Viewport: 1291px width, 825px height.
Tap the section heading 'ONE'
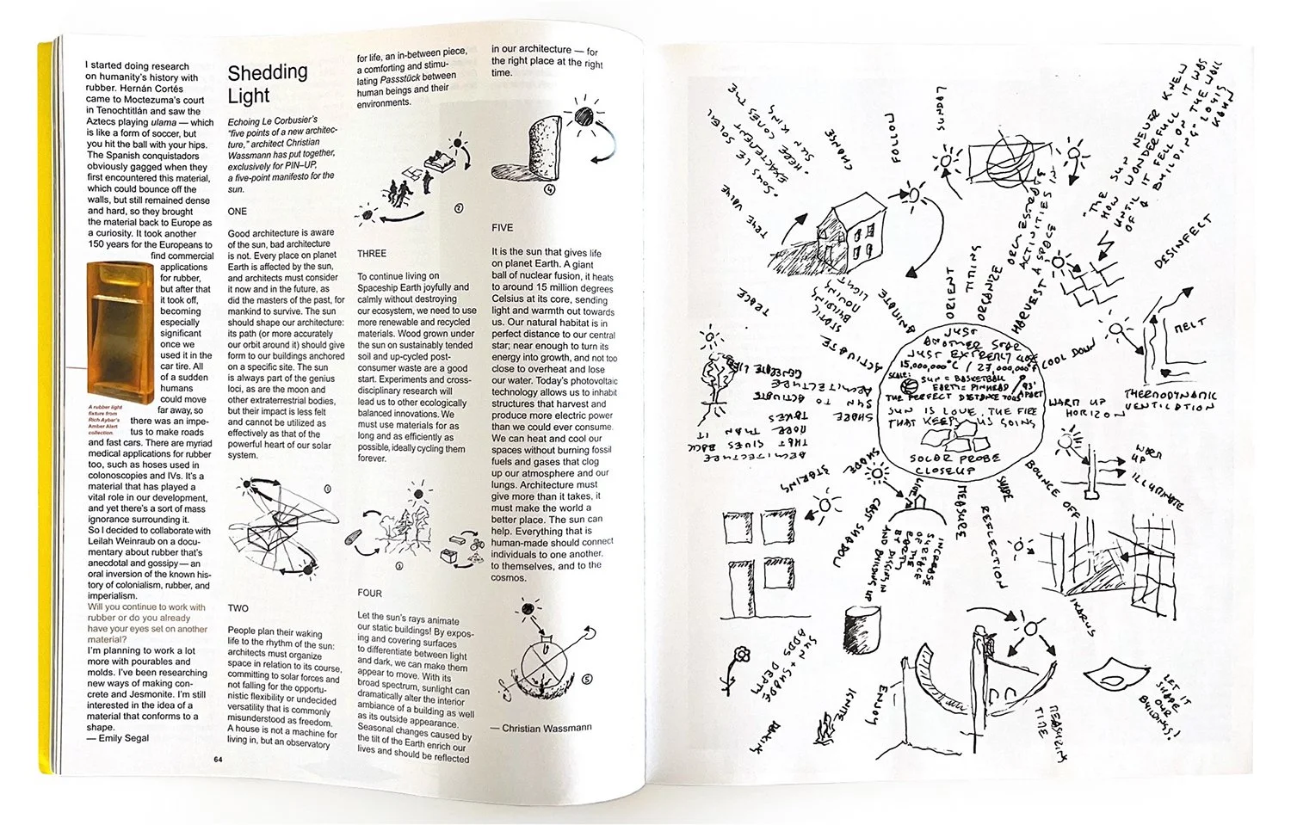tap(237, 211)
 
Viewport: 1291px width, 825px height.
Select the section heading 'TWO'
tap(238, 607)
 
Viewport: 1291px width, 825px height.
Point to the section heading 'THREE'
tap(372, 254)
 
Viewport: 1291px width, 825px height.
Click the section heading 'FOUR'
tap(370, 593)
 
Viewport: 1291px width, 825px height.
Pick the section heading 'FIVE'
tap(502, 227)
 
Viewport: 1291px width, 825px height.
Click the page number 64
tap(218, 759)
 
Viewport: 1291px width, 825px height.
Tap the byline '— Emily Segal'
tap(119, 738)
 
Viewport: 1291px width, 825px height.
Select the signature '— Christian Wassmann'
tap(540, 727)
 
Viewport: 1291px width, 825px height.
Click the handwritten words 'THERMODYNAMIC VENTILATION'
tap(1171, 400)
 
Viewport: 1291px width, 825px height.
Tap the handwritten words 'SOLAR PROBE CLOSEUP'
tap(955, 465)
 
